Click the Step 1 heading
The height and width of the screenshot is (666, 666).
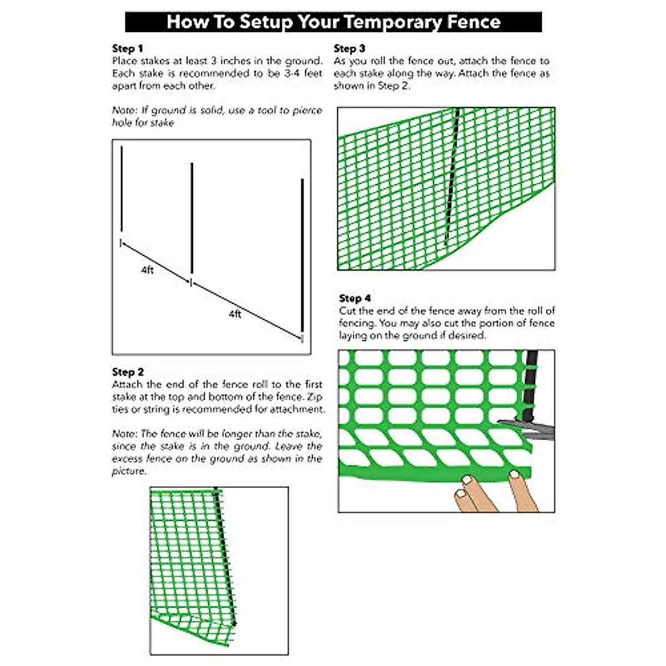(128, 48)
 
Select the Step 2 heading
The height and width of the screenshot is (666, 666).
(128, 372)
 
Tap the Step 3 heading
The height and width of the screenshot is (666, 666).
(349, 48)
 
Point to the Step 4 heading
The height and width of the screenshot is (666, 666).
(355, 298)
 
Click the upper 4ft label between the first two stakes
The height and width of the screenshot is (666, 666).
(147, 270)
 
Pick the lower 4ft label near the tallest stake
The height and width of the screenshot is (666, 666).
(235, 314)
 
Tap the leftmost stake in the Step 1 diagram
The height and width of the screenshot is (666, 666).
(122, 189)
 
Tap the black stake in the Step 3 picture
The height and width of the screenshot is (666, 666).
(452, 178)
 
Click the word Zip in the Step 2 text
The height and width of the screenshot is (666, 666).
(314, 397)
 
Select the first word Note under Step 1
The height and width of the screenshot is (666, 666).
(123, 110)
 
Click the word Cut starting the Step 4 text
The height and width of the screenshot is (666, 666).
(347, 311)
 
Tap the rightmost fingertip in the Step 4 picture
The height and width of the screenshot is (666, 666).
(515, 475)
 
